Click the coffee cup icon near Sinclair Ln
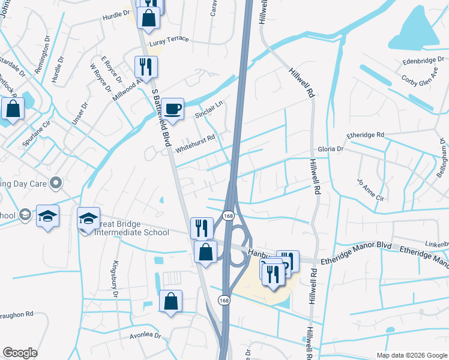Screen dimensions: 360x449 pyautogui.click(x=172, y=109)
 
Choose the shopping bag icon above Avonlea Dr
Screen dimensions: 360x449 pyautogui.click(x=171, y=301)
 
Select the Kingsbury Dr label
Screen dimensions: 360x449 pyautogui.click(x=115, y=274)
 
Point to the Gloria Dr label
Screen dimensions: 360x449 pyautogui.click(x=331, y=148)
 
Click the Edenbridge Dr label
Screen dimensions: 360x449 pyautogui.click(x=422, y=61)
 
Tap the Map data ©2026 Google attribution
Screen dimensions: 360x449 pyautogui.click(x=411, y=355)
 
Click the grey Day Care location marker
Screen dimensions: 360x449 pyautogui.click(x=56, y=182)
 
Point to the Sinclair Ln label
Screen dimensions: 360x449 pyautogui.click(x=209, y=108)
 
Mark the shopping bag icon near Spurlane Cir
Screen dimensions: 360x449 pyautogui.click(x=13, y=109)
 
